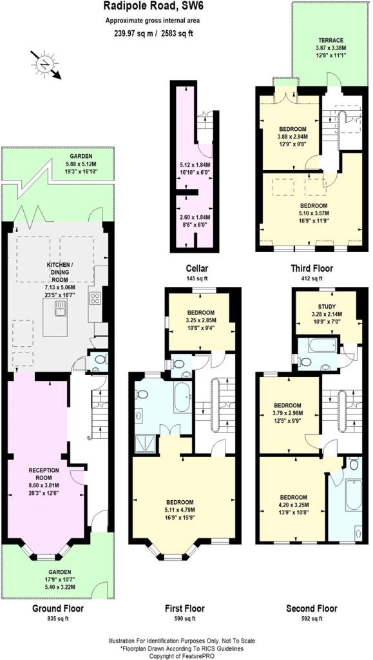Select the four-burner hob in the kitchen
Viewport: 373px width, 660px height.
(x=95, y=298)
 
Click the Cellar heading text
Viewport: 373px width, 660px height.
(x=197, y=268)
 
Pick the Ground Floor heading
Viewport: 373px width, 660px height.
(x=58, y=608)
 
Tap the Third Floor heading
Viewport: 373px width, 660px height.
(x=312, y=268)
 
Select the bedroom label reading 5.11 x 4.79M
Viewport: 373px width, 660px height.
(x=180, y=509)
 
